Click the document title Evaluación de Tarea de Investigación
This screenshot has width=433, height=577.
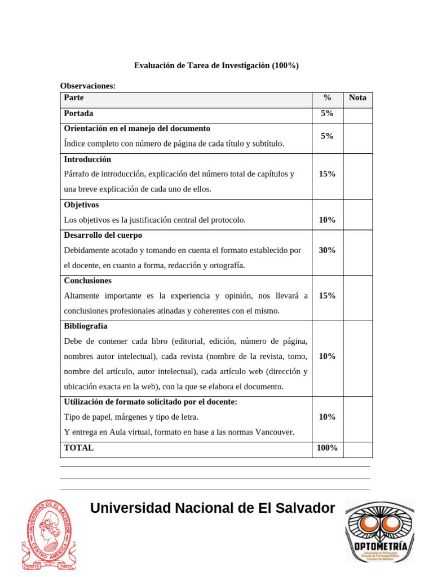pyautogui.click(x=216, y=66)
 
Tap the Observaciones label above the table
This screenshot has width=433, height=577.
pyautogui.click(x=87, y=86)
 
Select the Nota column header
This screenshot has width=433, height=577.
pyautogui.click(x=357, y=98)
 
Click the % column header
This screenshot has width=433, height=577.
pyautogui.click(x=327, y=98)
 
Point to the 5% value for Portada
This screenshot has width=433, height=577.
pyautogui.click(x=327, y=113)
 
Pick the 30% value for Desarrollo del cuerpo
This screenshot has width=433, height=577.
pyautogui.click(x=327, y=250)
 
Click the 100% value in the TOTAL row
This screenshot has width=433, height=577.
pyautogui.click(x=327, y=448)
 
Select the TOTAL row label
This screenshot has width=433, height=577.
pyautogui.click(x=79, y=448)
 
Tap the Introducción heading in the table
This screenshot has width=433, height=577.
pyautogui.click(x=87, y=159)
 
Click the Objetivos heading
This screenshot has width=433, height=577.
pyautogui.click(x=81, y=205)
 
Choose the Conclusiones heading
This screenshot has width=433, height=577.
pyautogui.click(x=87, y=281)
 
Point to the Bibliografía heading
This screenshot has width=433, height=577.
pyautogui.click(x=86, y=326)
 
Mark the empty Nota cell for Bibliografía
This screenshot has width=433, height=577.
pyautogui.click(x=357, y=357)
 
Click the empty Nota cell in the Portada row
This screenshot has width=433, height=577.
pyautogui.click(x=357, y=114)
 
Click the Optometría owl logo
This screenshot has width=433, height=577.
pyautogui.click(x=379, y=531)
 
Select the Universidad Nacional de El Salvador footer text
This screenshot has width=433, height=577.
pyautogui.click(x=212, y=508)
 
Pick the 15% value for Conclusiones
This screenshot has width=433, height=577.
pyautogui.click(x=327, y=296)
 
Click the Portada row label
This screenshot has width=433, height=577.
pyautogui.click(x=79, y=113)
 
